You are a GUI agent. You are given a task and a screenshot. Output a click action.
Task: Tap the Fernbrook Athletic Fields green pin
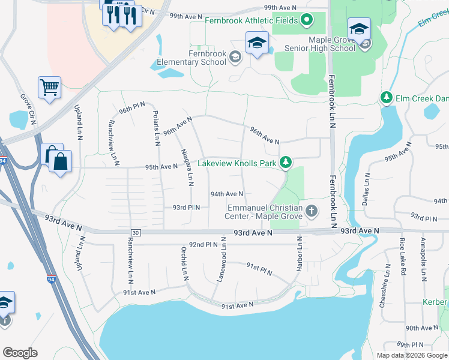pos(307,21)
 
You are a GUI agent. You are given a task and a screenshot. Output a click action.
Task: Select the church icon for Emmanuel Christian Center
pos(311,211)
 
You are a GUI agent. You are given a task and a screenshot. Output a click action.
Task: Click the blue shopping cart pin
pos(49,88)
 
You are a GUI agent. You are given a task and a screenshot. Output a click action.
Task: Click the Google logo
pos(20,353)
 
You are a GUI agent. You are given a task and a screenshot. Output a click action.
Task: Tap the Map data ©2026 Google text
pos(412,355)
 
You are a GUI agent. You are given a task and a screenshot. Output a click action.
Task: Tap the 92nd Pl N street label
pos(203,245)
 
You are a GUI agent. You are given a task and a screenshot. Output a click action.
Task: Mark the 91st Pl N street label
pos(259,269)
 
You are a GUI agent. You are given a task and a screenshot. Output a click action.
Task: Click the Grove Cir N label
pos(28,110)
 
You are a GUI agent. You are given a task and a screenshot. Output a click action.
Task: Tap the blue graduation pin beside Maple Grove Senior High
pos(358,28)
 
